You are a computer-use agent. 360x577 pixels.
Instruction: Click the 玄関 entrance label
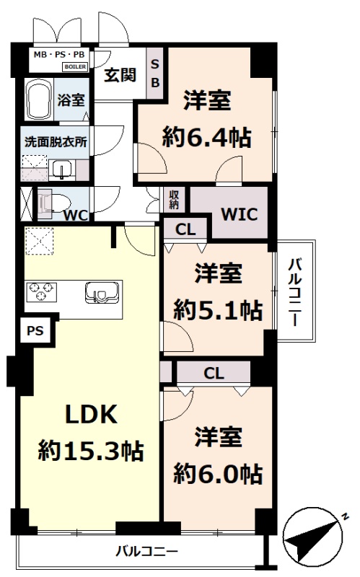(120, 75)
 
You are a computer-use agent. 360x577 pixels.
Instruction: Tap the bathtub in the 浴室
(39, 100)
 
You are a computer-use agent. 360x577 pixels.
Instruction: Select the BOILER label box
(76, 67)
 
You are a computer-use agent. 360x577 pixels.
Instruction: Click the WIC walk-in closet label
(240, 213)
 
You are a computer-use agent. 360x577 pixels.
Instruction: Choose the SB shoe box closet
(155, 74)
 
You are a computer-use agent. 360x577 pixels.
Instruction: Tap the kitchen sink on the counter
(102, 294)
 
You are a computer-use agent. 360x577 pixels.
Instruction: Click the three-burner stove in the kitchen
(41, 291)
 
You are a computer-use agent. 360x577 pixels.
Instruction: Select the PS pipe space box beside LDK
(35, 330)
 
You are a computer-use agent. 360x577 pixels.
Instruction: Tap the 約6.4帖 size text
(207, 137)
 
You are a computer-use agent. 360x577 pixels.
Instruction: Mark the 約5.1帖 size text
(218, 310)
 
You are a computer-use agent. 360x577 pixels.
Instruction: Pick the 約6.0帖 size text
(218, 474)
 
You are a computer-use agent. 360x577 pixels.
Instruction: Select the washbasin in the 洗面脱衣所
(61, 170)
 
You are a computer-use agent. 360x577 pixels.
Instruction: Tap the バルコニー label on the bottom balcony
(147, 551)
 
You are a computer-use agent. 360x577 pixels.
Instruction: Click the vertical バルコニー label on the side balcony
(295, 292)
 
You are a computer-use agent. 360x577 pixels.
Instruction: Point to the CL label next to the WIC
(185, 229)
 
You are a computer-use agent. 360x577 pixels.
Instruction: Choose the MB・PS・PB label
(59, 55)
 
